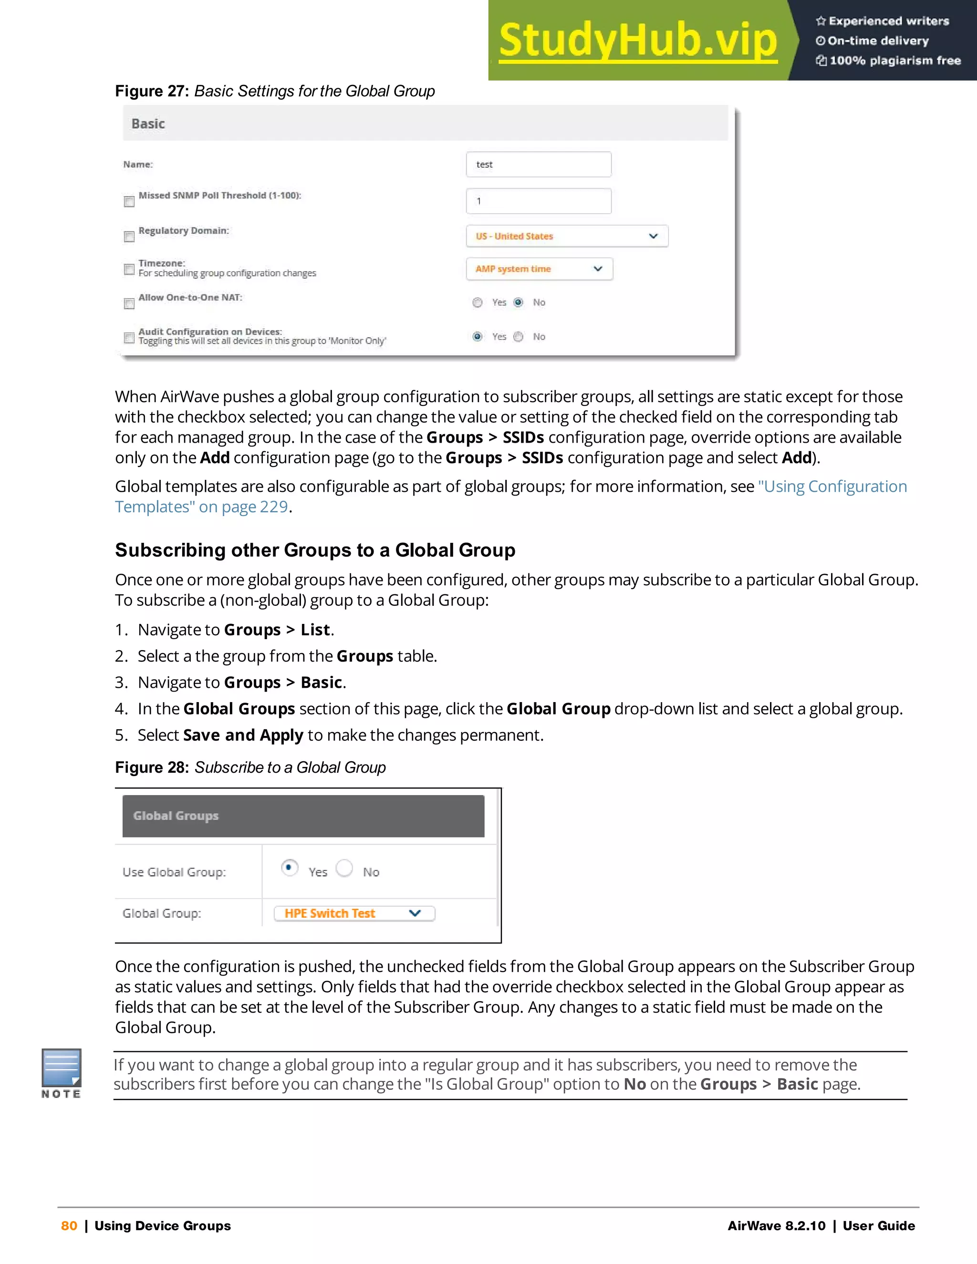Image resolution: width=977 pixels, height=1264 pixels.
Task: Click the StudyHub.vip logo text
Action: pos(638,41)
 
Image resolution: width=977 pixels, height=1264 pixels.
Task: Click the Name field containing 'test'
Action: pos(538,165)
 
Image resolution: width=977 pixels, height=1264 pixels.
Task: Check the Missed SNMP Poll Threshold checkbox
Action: pos(129,201)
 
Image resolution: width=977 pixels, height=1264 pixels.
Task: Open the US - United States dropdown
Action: pos(567,236)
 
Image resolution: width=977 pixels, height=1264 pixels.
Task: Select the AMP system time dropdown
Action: pos(540,269)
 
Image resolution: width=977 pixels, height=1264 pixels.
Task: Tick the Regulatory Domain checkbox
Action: pos(129,236)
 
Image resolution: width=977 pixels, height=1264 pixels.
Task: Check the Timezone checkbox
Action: pos(129,269)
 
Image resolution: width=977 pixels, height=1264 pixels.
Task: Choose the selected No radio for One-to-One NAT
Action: pos(519,302)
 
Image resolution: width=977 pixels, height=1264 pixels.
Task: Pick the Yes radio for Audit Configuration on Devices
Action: pos(478,336)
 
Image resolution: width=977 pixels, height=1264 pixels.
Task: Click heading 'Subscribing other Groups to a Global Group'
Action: pos(315,550)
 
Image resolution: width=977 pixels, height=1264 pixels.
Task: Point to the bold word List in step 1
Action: pos(315,630)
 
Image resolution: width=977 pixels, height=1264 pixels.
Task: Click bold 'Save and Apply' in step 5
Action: pos(243,735)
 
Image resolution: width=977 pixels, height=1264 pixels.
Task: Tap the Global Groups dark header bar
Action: pos(303,816)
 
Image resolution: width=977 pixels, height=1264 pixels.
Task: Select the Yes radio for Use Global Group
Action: pos(289,868)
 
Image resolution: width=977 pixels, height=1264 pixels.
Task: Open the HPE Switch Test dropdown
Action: pos(354,913)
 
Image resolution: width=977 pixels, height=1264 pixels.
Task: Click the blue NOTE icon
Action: pos(62,1068)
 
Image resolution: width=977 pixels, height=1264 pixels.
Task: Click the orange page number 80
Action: pos(69,1226)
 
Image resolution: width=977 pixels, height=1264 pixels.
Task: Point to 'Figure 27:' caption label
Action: pos(152,92)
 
